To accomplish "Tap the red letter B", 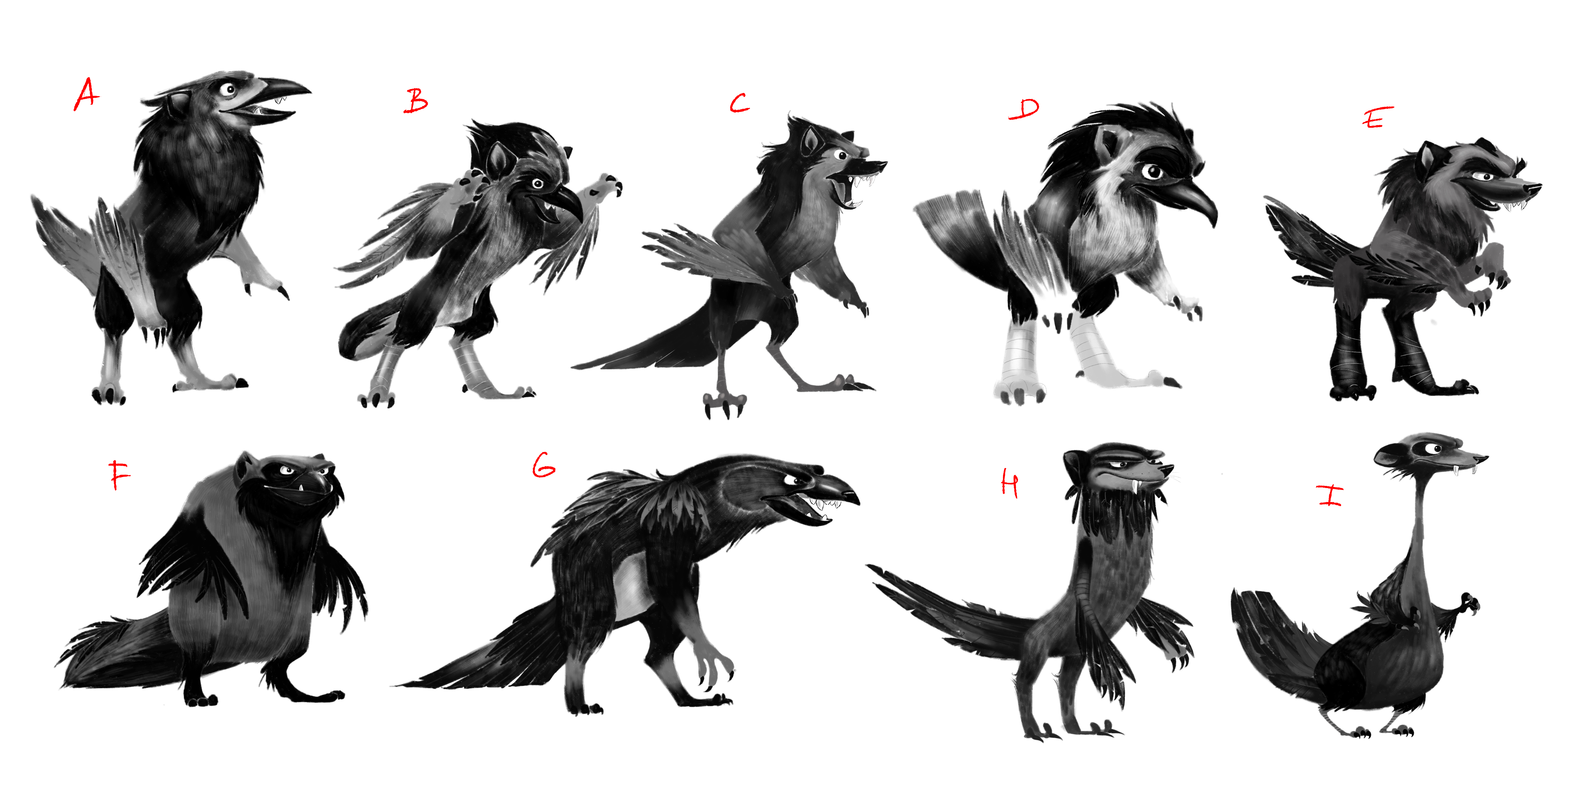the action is (x=416, y=101).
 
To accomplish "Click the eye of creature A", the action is (x=229, y=90).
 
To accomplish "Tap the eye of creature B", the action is (x=537, y=184).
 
